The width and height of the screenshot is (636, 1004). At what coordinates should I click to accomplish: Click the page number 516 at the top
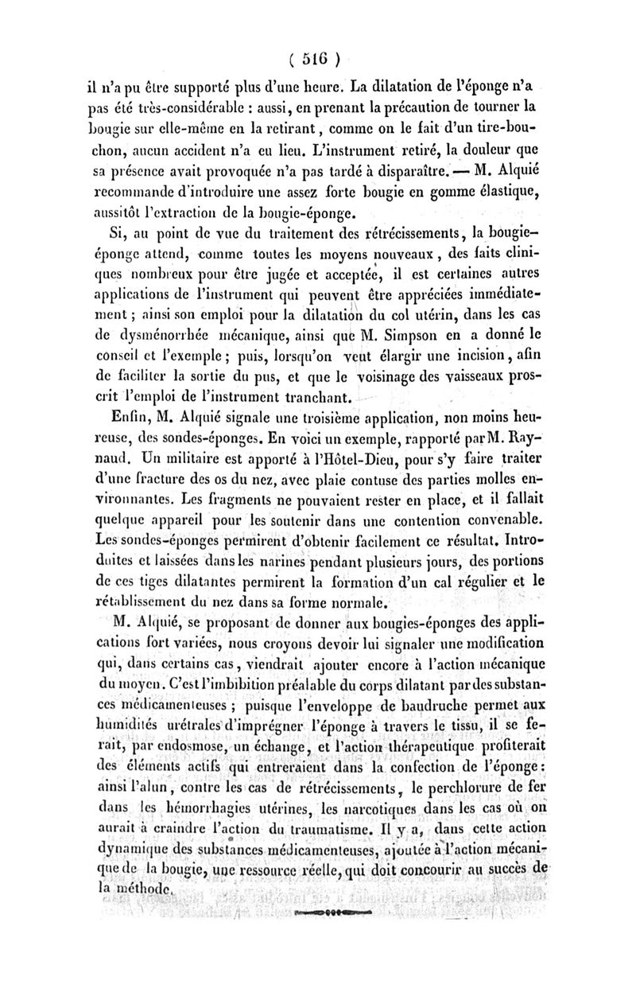tap(316, 57)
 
